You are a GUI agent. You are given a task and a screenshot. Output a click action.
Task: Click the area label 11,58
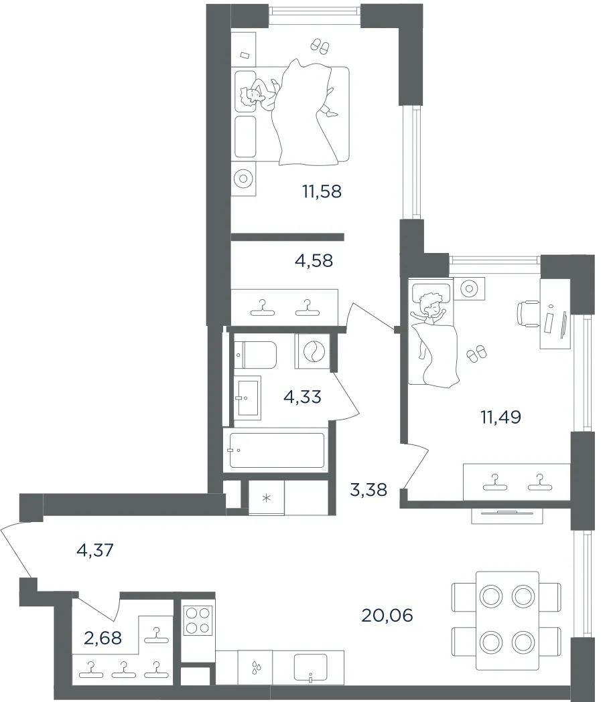322,191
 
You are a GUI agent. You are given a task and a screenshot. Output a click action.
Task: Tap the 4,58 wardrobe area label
314,260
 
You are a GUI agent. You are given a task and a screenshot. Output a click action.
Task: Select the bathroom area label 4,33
303,397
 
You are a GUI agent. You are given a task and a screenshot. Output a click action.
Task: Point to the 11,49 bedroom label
500,418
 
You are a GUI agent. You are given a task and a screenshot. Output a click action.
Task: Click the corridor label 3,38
368,490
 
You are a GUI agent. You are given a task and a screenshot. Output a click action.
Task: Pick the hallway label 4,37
95,550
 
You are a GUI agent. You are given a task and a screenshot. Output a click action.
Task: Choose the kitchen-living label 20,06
387,616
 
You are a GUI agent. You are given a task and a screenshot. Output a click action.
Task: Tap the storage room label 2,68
103,638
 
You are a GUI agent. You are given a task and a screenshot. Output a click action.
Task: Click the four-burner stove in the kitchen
198,620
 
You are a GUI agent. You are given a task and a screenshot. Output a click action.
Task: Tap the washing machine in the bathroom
312,351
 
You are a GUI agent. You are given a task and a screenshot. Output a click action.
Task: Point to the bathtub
277,450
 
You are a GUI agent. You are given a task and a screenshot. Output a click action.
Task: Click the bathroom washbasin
247,398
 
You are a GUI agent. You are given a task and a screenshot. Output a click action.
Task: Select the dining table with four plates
507,620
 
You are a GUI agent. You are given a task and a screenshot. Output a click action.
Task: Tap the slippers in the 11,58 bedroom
320,46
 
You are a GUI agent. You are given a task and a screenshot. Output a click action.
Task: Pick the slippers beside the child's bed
476,353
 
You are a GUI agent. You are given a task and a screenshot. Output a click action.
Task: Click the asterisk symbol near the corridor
266,498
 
